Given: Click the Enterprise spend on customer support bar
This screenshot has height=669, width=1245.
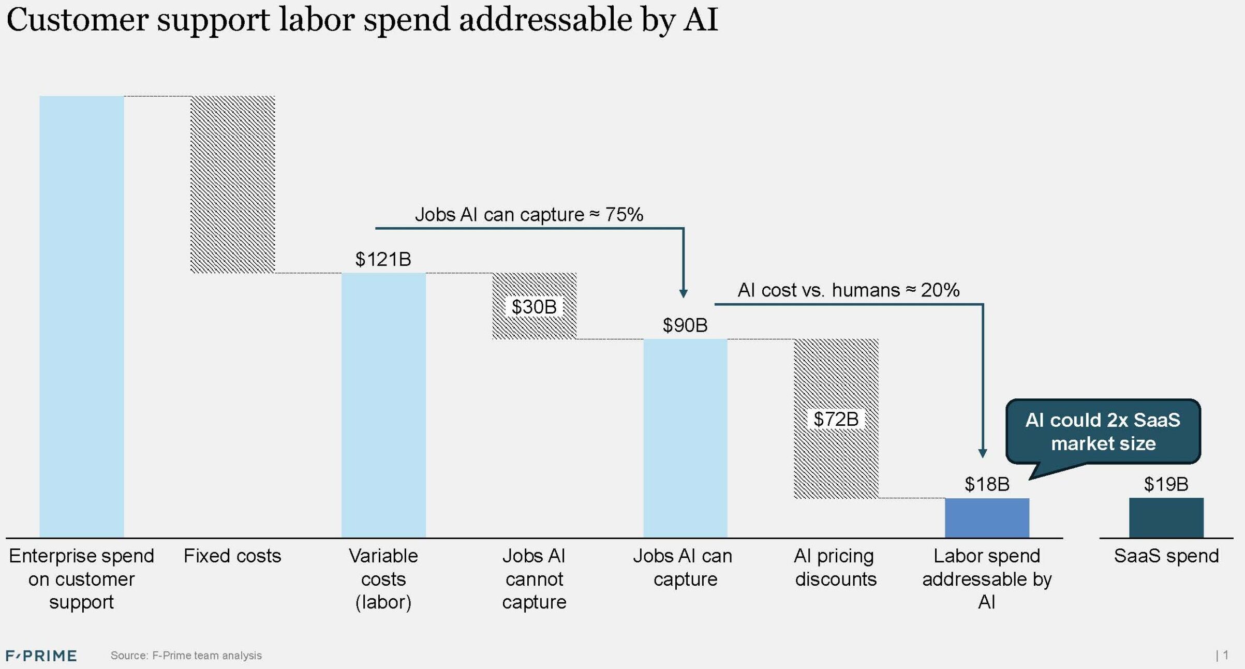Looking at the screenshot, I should click(x=81, y=316).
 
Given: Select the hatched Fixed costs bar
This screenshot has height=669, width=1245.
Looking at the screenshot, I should click(x=232, y=184).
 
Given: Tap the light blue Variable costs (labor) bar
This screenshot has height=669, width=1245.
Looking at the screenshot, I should click(x=383, y=405).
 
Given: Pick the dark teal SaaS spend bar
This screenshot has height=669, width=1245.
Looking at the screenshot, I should click(x=1166, y=517).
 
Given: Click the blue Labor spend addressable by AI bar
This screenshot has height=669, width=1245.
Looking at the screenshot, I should click(x=987, y=517).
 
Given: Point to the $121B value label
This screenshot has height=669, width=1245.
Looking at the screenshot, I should click(x=383, y=259).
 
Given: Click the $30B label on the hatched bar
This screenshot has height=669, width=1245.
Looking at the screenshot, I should click(x=534, y=307).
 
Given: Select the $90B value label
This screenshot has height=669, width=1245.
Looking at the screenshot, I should click(x=685, y=325).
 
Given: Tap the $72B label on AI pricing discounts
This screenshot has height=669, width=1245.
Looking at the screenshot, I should click(x=836, y=419).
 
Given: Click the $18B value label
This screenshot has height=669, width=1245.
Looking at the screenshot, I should click(x=987, y=484).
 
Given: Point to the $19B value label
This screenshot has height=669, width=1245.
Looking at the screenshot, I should click(x=1166, y=484).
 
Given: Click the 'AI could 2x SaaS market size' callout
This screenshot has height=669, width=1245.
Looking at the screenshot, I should click(x=1103, y=432).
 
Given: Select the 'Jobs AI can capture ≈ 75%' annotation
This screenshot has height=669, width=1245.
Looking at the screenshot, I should click(x=529, y=215).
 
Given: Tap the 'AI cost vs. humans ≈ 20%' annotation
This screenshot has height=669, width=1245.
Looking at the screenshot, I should click(x=849, y=290).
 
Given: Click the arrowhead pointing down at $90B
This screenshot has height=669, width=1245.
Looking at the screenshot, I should click(x=683, y=293).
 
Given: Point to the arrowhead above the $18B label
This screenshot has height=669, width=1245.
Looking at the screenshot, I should click(x=983, y=454).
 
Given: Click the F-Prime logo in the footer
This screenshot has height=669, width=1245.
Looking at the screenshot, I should click(x=41, y=656).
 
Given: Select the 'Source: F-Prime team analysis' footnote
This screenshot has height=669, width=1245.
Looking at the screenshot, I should click(x=186, y=656).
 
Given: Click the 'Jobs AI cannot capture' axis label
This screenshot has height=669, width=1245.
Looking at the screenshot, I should click(x=534, y=579).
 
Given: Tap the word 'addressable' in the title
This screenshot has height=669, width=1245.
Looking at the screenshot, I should click(x=546, y=20).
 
